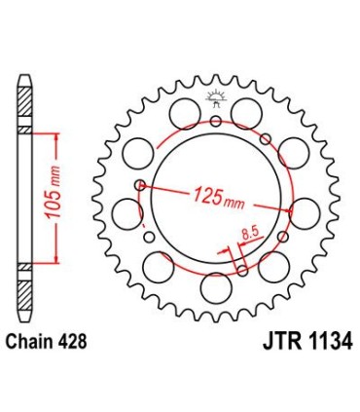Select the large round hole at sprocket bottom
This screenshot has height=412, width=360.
click(215, 287)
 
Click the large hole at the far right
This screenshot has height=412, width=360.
click(305, 211)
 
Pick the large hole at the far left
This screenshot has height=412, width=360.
click(126, 211)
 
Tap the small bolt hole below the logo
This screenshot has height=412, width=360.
click(215, 121)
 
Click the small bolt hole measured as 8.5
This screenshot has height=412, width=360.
click(236, 254)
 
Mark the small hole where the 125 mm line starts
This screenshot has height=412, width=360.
click(142, 185)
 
